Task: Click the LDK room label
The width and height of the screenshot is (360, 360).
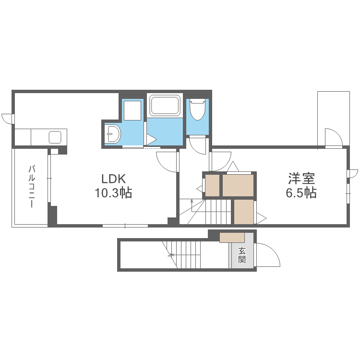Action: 113,179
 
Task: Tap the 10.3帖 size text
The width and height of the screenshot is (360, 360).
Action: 113,193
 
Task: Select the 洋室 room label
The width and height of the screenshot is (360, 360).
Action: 301,179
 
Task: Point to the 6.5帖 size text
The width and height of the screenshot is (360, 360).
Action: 301,193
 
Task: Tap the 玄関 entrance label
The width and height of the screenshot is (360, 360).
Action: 242,255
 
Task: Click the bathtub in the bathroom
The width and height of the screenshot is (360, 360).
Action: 165,105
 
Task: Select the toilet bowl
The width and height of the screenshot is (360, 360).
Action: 197,110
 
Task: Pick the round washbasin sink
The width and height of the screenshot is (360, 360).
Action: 113,134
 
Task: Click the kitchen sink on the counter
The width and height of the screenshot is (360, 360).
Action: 55,137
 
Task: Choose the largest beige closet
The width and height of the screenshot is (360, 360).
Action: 238,185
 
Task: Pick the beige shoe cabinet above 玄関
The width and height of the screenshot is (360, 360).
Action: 232,238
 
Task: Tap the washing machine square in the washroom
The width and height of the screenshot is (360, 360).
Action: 132,110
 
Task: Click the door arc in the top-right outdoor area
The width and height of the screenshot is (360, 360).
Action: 333,138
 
